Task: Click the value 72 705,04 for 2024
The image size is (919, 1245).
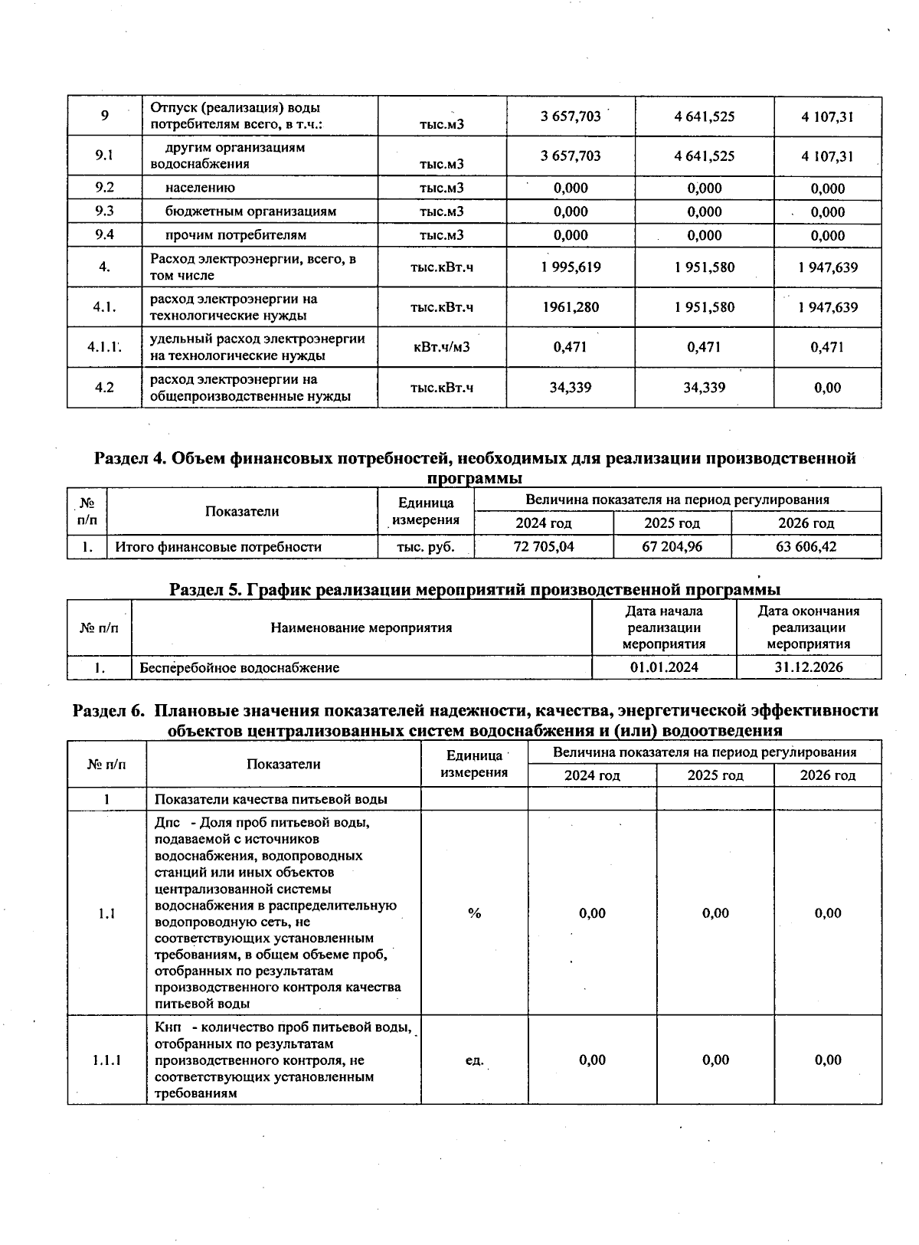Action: coord(543,547)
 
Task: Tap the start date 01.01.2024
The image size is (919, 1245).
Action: coord(664,667)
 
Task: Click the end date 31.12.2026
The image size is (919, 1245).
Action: coord(808,667)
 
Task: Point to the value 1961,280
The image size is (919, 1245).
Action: coord(571,307)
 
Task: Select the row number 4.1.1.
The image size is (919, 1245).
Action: coord(104,347)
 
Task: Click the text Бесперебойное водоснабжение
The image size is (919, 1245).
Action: coord(240,667)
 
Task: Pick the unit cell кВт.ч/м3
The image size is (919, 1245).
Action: coord(441,347)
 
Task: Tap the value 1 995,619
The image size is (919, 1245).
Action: coord(571,267)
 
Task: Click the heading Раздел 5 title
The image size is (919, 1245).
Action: coord(475,589)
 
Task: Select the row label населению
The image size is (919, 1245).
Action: coord(200,188)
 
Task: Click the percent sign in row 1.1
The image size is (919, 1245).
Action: coord(475,913)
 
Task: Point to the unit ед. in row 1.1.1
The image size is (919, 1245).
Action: coord(475,1060)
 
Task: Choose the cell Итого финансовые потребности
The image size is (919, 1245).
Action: coord(218,547)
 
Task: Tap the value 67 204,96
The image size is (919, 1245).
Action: coord(672,547)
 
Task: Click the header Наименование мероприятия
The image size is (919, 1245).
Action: coord(361,627)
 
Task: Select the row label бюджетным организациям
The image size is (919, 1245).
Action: coord(250,211)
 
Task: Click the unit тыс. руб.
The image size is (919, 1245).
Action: coord(425,547)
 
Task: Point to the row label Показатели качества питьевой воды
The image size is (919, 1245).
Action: coord(270,799)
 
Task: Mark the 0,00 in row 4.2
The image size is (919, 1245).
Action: coord(827,388)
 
